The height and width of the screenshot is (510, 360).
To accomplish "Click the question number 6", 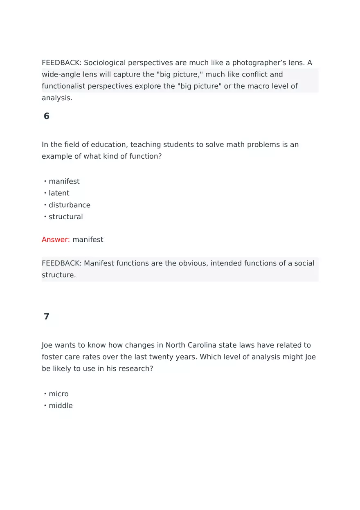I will pyautogui.click(x=46, y=116).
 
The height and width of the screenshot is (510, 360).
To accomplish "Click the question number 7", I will pyautogui.click(x=46, y=317).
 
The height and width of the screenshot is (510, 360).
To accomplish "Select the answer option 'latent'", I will pyautogui.click(x=59, y=193).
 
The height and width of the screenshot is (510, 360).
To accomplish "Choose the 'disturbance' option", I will pyautogui.click(x=69, y=205).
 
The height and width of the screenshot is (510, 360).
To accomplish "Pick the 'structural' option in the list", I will pyautogui.click(x=65, y=217).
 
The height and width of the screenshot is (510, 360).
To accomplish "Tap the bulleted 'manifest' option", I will pyautogui.click(x=64, y=181).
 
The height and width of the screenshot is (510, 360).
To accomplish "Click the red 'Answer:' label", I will pyautogui.click(x=56, y=240).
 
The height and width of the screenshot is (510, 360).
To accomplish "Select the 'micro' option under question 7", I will pyautogui.click(x=59, y=394).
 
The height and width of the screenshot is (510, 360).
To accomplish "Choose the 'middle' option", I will pyautogui.click(x=61, y=406).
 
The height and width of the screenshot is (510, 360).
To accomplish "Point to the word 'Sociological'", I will pyautogui.click(x=105, y=63).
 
